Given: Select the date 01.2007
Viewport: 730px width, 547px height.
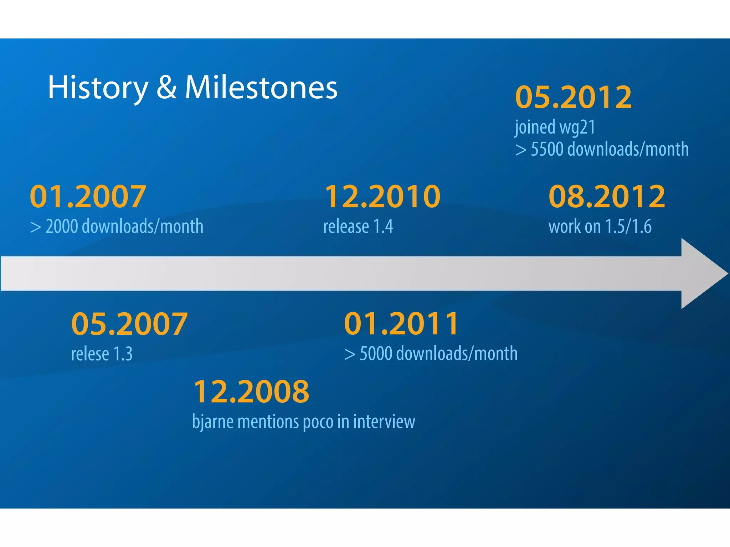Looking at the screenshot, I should (88, 197).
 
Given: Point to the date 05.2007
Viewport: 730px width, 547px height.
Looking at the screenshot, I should (129, 324).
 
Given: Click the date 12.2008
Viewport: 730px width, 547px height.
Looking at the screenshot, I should (251, 391).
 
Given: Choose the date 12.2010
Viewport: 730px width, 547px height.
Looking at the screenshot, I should (382, 197).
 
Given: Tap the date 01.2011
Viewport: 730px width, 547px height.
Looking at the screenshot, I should (401, 324).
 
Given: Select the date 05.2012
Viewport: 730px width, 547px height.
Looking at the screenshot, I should (574, 97).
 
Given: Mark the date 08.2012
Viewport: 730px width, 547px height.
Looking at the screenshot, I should (607, 197).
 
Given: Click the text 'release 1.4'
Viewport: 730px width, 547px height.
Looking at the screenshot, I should (358, 227).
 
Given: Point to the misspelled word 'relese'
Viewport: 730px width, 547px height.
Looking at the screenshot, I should (90, 354).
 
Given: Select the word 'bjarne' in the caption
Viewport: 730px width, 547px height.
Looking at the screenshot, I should (212, 422).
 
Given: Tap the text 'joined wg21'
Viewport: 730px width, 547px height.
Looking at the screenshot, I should (555, 127).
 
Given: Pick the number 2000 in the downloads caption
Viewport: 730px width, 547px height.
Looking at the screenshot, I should (62, 227).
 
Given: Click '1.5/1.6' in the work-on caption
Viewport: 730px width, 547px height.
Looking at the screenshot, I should (628, 227).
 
